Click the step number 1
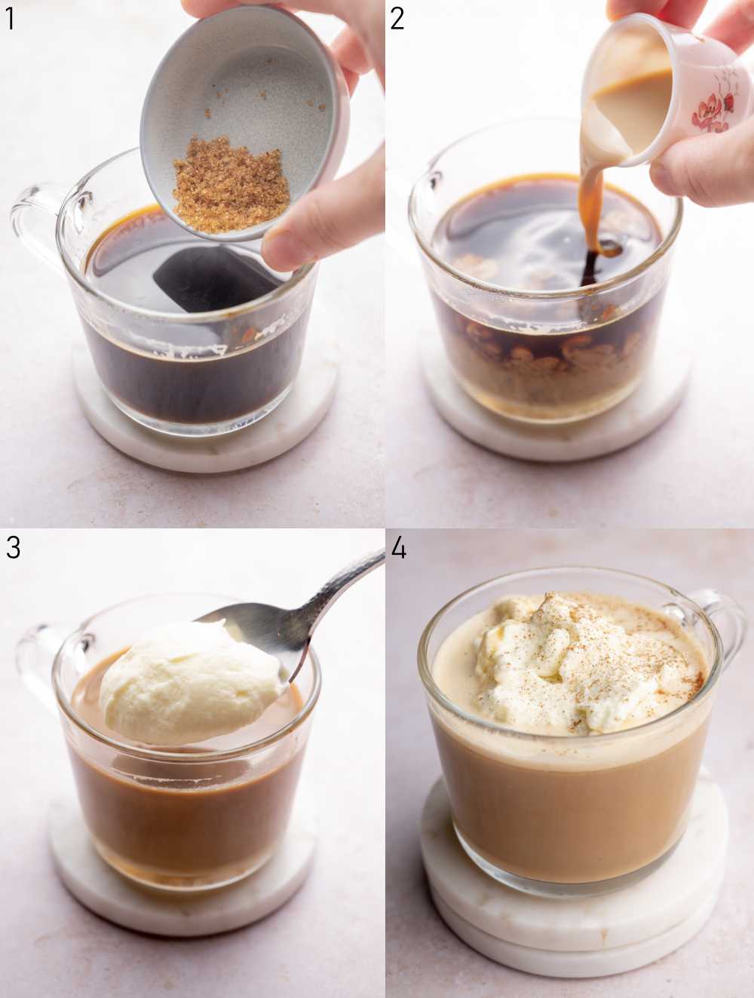coord(10,17)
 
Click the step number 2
coord(397,17)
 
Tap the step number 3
coord(13,548)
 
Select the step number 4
coord(399,548)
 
